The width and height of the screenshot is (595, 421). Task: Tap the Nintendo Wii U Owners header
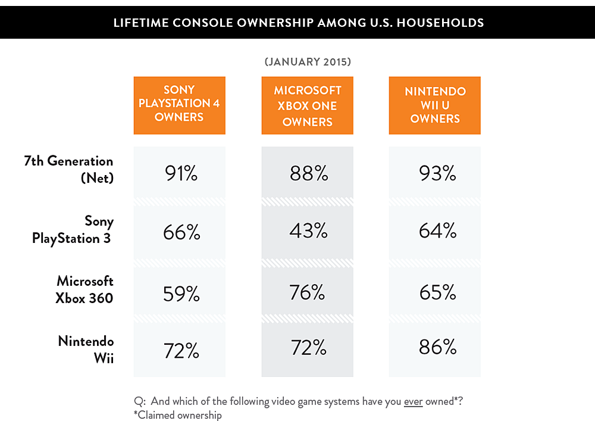tap(435, 105)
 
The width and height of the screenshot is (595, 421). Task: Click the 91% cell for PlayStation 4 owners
tap(180, 173)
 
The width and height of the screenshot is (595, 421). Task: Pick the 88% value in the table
tap(309, 173)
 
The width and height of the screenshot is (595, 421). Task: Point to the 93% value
tap(437, 173)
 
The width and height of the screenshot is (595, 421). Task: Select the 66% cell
tap(181, 232)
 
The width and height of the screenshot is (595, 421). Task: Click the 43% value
tap(309, 231)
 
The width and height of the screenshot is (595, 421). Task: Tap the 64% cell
tap(437, 231)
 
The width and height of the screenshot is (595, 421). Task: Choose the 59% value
tap(181, 293)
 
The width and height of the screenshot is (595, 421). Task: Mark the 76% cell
tap(309, 292)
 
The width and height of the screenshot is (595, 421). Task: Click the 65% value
tap(437, 292)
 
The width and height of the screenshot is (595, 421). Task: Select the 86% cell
tap(437, 347)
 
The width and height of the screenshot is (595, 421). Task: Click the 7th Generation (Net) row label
tap(68, 169)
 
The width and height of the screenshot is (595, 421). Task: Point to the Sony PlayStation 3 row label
tap(73, 230)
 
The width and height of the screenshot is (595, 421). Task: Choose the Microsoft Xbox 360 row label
tap(84, 289)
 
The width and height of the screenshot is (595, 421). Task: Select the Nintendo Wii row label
tap(86, 350)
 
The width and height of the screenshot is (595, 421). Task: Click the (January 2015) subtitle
tap(307, 62)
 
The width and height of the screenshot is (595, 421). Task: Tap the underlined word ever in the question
tap(413, 401)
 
